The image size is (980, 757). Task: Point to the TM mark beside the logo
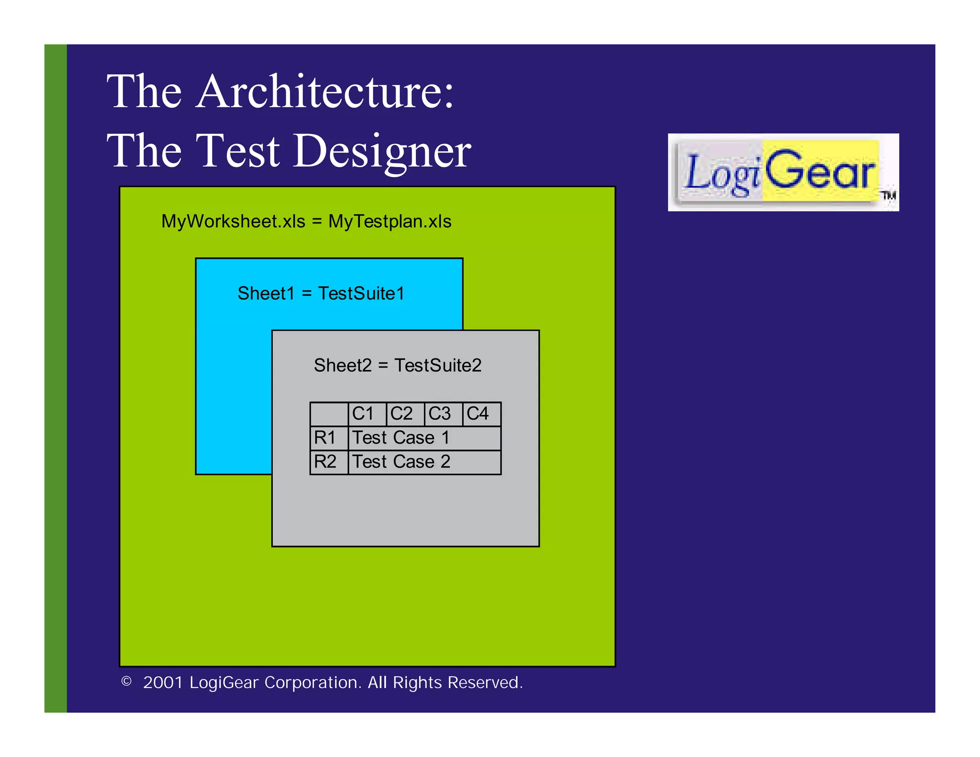tap(889, 195)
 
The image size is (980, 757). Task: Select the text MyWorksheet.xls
tap(233, 222)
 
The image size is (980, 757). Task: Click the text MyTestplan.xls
tap(390, 222)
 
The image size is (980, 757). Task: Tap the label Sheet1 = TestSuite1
tap(321, 293)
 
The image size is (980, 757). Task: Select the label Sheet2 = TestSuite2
tap(397, 366)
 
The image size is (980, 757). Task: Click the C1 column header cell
tap(367, 414)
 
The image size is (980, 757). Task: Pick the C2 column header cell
tap(405, 414)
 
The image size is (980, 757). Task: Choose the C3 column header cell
tap(444, 414)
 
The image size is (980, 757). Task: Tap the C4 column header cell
tap(481, 414)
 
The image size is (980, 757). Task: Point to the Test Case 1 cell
tap(424, 438)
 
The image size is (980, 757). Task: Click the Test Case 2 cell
tap(424, 462)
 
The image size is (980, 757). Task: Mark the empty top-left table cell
tap(329, 414)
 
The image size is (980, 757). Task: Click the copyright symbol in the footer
tap(126, 681)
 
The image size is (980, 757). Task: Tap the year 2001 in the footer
tap(163, 682)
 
